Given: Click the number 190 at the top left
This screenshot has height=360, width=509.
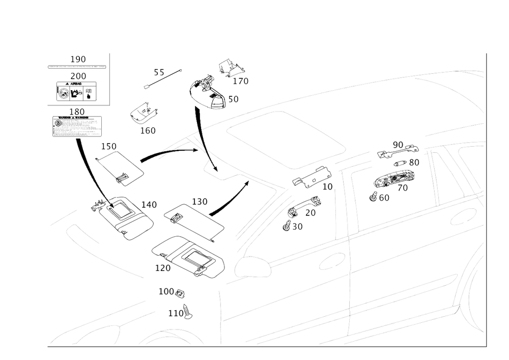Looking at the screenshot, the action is pos(78,59).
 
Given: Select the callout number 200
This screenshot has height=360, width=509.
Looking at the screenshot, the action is pos(78,76).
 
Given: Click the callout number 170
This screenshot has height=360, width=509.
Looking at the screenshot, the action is pos(240,80).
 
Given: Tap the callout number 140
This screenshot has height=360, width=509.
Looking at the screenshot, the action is pos(148,205).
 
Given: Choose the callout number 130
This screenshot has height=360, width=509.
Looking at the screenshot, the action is pos(200,202).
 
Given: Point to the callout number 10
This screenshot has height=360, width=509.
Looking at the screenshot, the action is pos(327,187).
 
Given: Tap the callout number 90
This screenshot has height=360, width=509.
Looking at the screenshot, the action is pos(398,145).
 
